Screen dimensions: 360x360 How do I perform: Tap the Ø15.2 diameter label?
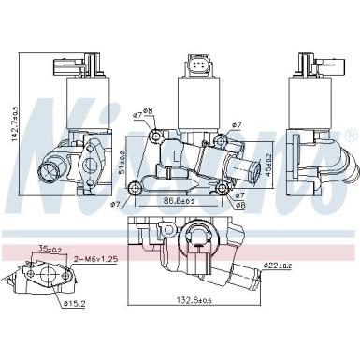pyautogui.click(x=76, y=303)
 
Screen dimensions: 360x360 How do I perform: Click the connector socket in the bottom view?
pyautogui.click(x=199, y=241)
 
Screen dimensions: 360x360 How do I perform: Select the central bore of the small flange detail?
pyautogui.click(x=42, y=279)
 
